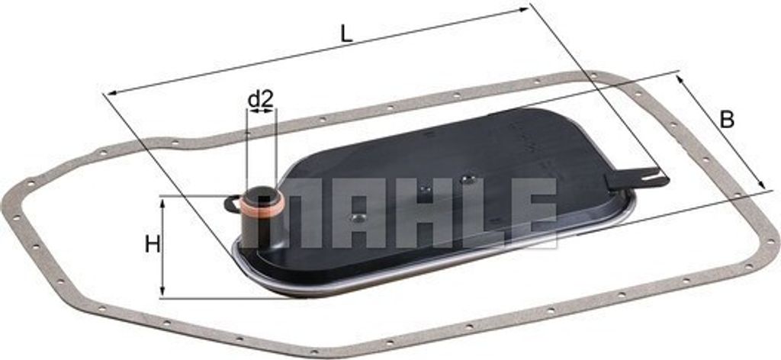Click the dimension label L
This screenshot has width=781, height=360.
click(347, 34)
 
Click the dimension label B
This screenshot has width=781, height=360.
click(727, 120)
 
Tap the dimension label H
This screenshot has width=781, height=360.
click(153, 245)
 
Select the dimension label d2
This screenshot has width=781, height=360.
click(261, 100)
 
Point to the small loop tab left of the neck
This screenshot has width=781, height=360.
click(232, 203)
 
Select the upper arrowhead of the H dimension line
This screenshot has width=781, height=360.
click(162, 201)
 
